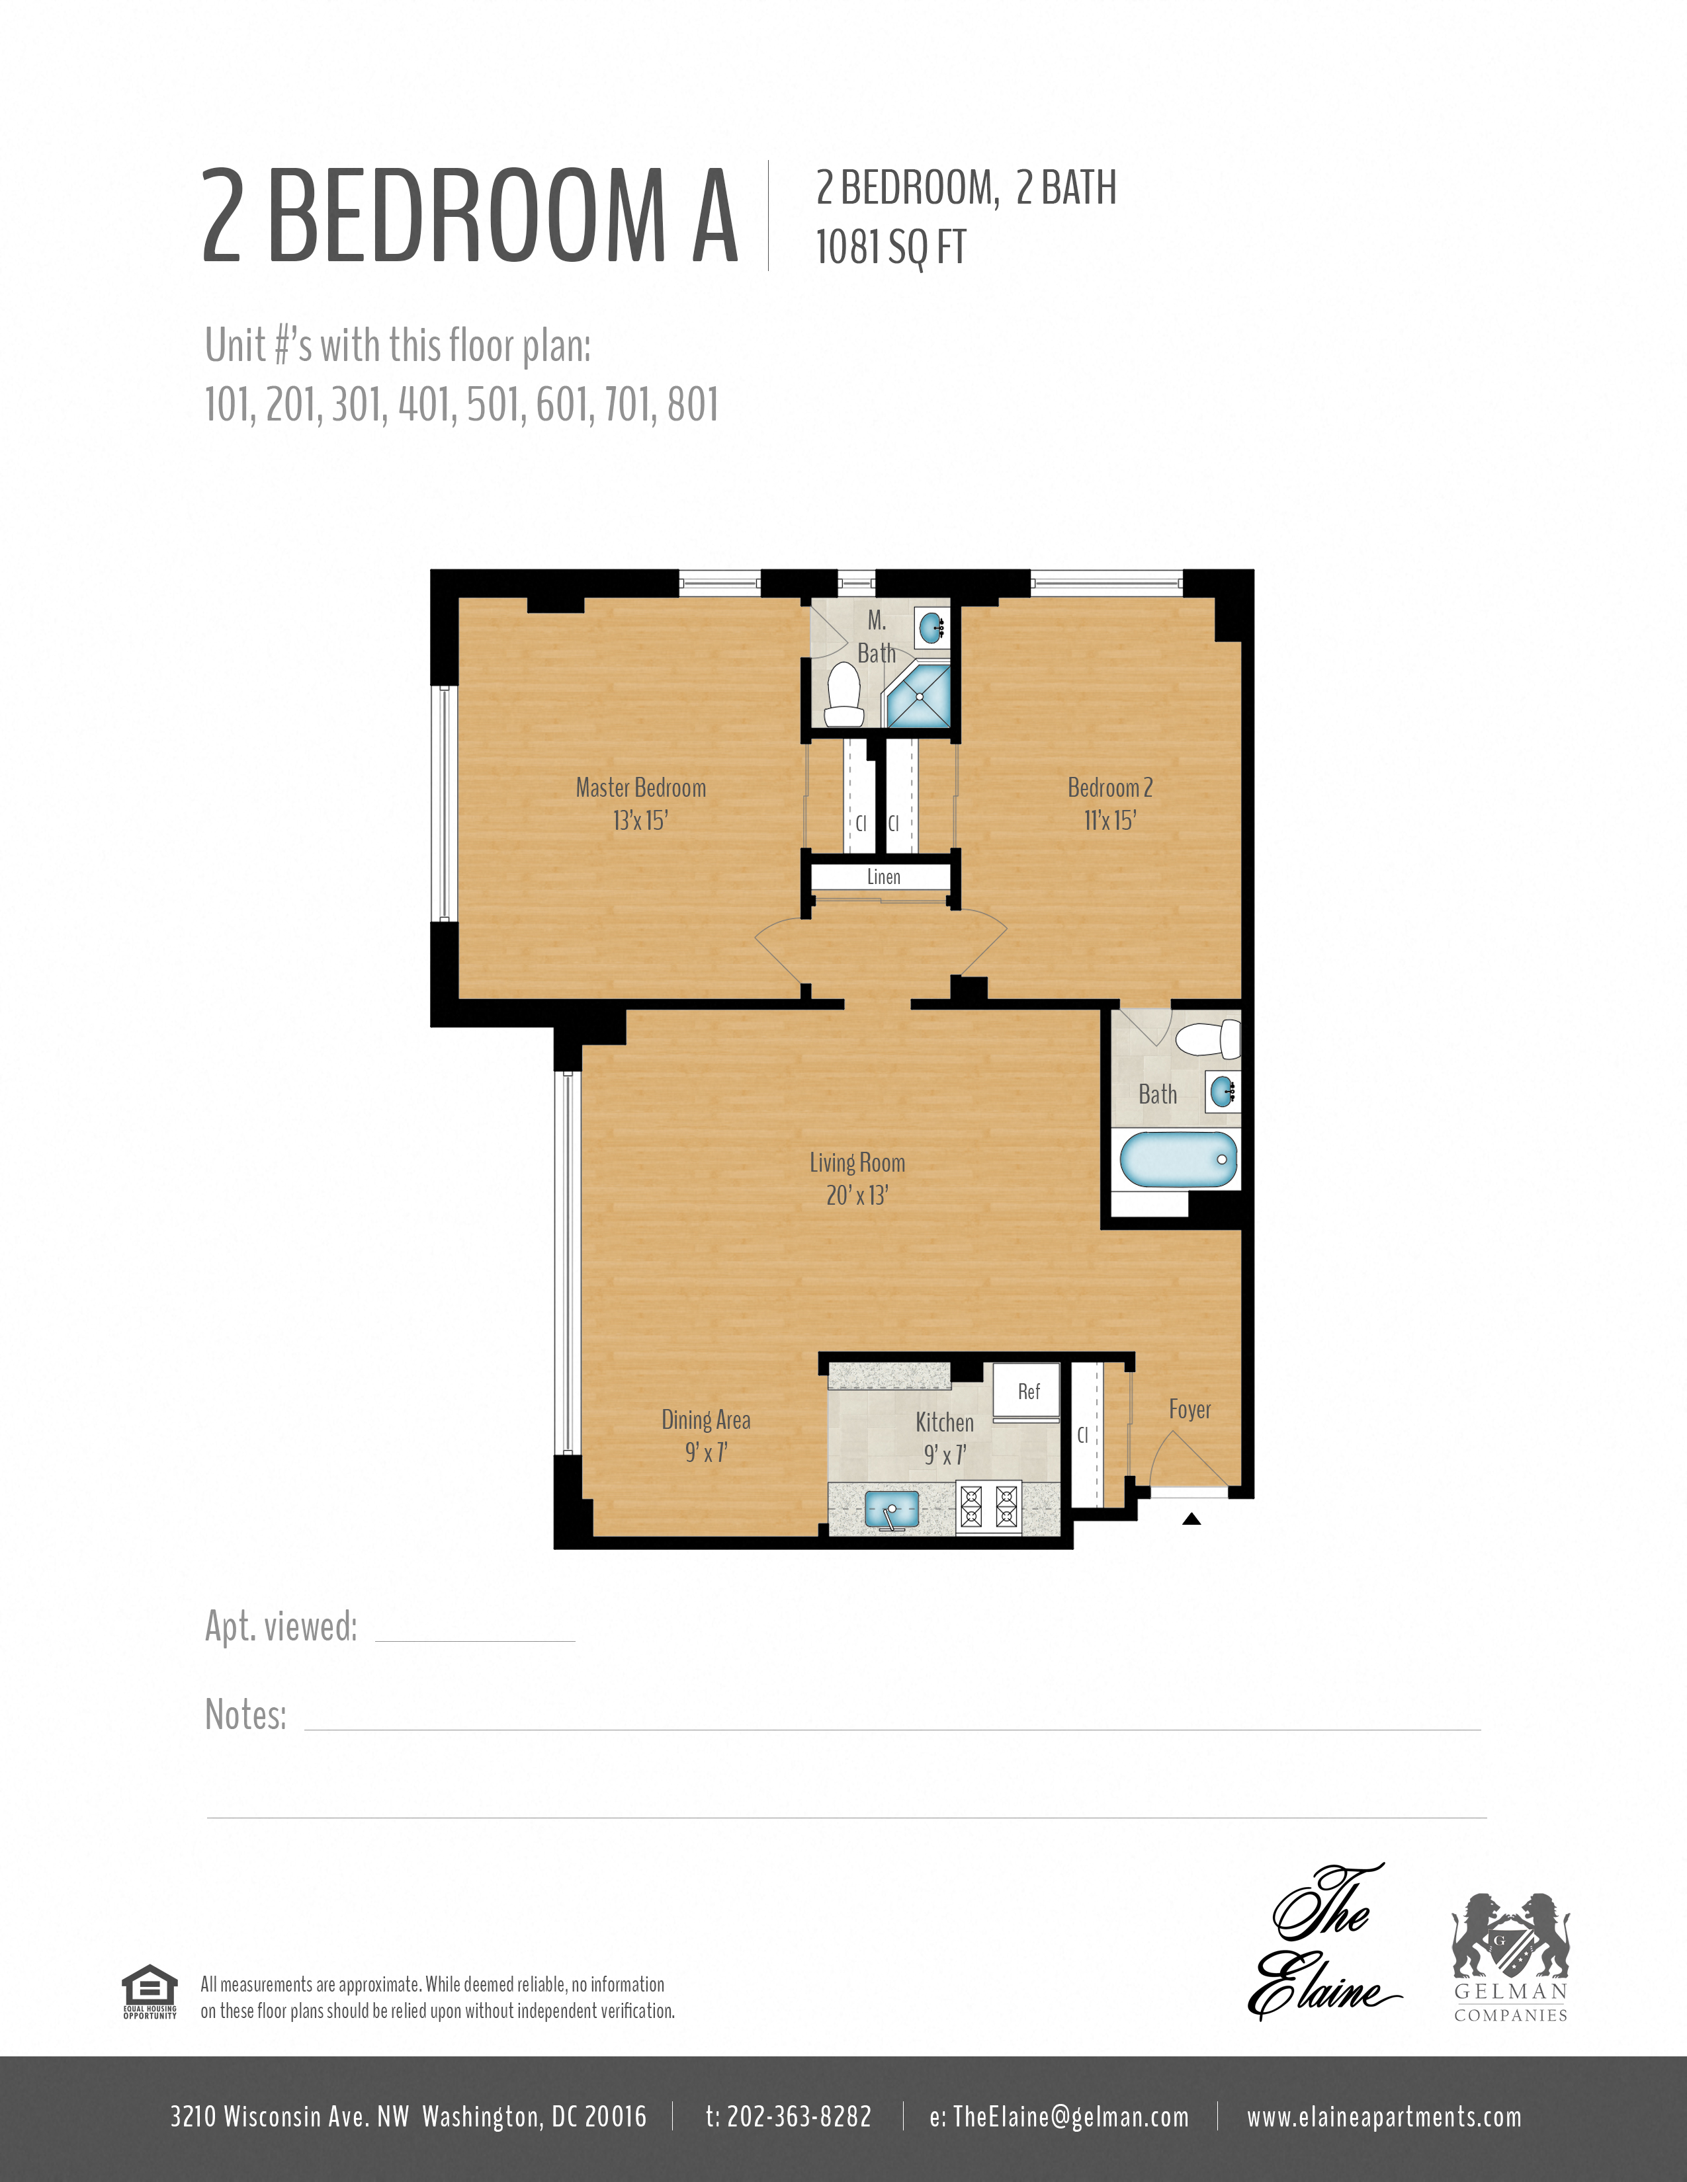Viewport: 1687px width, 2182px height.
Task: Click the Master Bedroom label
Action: pos(640,788)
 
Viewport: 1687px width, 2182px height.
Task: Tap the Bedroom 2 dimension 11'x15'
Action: pos(1109,821)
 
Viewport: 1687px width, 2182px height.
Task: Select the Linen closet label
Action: pos(883,877)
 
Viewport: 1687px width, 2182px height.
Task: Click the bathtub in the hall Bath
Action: pos(1178,1160)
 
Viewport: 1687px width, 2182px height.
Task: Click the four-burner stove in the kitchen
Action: pos(988,1508)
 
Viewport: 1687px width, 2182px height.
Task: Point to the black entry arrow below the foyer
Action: pos(1191,1519)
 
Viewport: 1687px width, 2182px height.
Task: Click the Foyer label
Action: pos(1190,1410)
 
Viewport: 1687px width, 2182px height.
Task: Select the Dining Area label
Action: pos(706,1420)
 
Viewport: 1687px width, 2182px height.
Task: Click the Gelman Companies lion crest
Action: pos(1510,1937)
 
